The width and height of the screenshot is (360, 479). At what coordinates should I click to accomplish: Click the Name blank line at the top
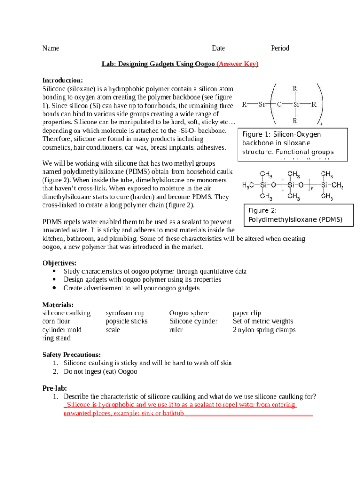point(98,49)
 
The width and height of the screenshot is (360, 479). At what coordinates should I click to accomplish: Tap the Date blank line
point(248,49)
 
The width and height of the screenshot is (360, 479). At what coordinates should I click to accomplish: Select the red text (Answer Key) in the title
point(238,64)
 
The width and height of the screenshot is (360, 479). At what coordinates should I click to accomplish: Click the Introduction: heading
point(63,80)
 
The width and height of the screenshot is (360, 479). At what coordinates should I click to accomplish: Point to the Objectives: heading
point(59,263)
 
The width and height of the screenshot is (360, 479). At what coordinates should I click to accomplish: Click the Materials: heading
point(58,305)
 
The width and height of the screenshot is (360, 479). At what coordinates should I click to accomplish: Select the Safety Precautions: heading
point(71,355)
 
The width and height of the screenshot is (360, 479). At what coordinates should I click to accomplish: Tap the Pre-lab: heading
point(55,388)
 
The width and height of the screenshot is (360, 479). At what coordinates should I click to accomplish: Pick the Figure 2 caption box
point(295,215)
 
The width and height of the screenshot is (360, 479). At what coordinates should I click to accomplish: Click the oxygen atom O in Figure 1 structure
point(279,105)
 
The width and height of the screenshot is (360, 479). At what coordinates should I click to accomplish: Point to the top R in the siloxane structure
point(295,88)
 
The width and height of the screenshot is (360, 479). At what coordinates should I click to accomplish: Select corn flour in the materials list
point(56,321)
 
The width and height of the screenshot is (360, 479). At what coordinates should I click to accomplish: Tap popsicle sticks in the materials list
point(126,321)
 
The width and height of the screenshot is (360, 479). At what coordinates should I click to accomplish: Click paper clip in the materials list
point(247,313)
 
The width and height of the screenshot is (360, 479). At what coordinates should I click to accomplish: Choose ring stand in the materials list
point(57,338)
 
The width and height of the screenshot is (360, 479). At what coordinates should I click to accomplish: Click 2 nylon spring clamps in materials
point(264,330)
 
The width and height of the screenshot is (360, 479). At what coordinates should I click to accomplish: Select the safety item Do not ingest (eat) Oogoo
point(100,371)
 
